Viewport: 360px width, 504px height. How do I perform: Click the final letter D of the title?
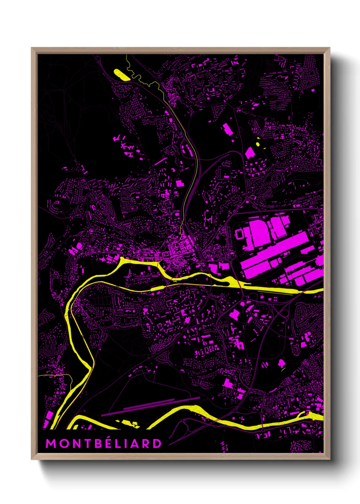[x=157, y=443]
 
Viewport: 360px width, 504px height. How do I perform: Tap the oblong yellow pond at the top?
[x=121, y=75]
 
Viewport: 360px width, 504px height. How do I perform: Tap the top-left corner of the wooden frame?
[x=32, y=48]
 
